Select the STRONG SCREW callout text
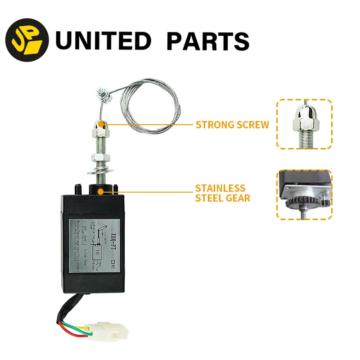pyautogui.click(x=232, y=125)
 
